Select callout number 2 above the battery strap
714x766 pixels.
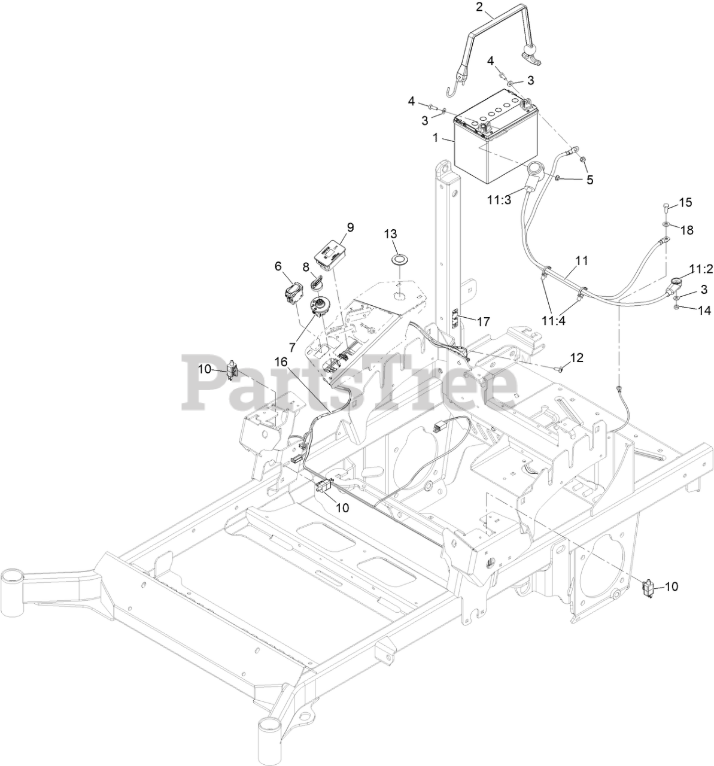pyautogui.click(x=479, y=8)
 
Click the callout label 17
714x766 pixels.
pyautogui.click(x=483, y=322)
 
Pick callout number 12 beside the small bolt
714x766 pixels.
pyautogui.click(x=576, y=358)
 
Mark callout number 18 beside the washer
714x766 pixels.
pyautogui.click(x=687, y=230)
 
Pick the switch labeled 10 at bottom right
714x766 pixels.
pyautogui.click(x=646, y=589)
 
